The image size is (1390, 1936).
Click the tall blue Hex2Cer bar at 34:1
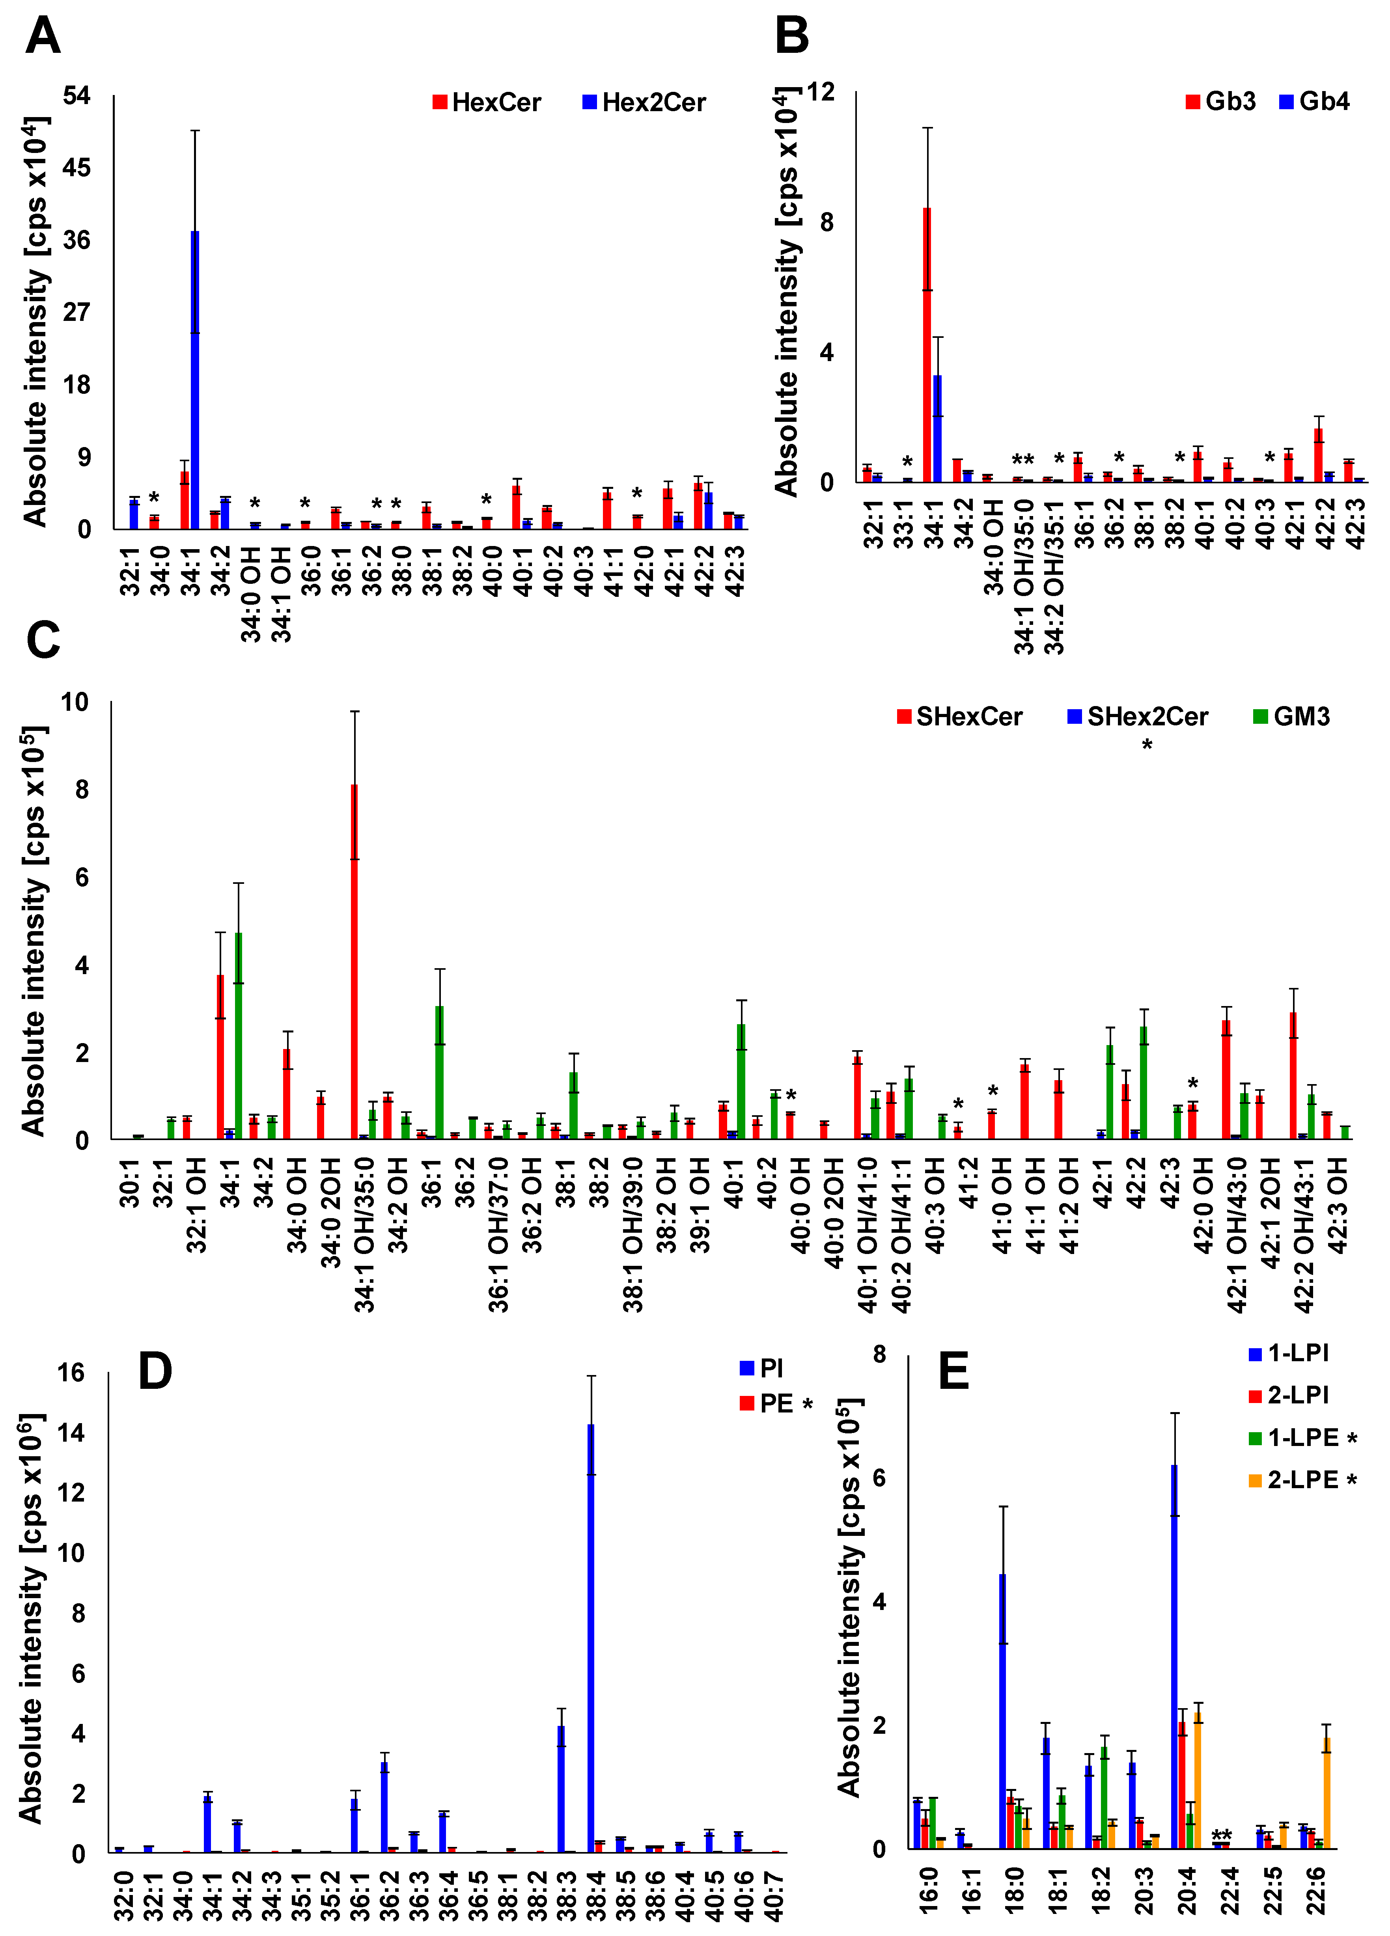click(195, 380)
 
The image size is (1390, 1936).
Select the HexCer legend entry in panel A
click(487, 102)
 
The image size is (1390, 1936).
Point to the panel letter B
click(791, 37)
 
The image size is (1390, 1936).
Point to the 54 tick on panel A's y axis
click(77, 95)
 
